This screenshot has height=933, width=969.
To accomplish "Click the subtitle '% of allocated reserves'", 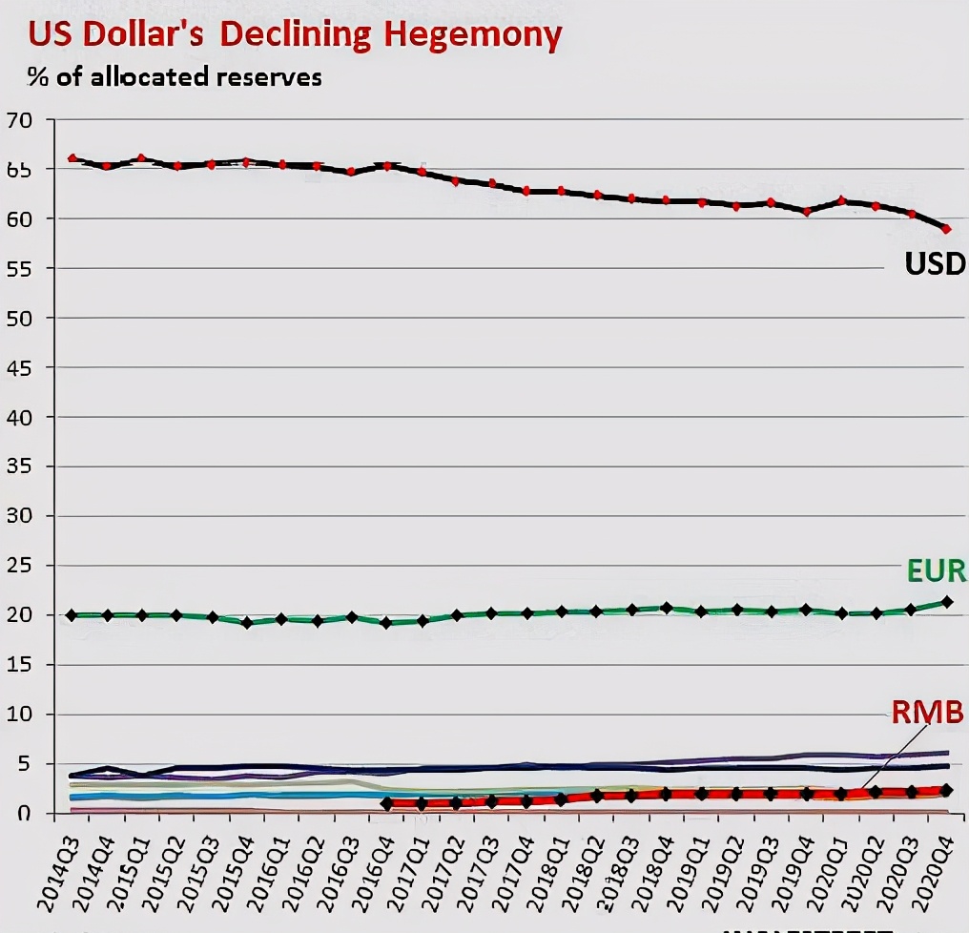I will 175,76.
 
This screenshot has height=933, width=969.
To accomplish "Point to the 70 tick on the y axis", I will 19,120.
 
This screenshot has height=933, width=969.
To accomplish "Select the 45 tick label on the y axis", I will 19,367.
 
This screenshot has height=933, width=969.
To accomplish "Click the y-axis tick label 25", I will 19,566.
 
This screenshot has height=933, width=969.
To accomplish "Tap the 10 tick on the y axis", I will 19,715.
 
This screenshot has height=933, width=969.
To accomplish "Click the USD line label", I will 935,263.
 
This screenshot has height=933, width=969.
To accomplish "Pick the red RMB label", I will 927,712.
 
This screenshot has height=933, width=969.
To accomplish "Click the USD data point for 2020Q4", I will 946,229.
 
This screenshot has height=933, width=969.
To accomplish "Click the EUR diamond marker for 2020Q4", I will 946,602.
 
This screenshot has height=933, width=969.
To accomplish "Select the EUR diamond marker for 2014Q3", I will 72,615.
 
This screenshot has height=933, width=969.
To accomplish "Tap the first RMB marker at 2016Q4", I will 386,803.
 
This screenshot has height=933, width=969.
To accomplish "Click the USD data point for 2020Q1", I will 841,200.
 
